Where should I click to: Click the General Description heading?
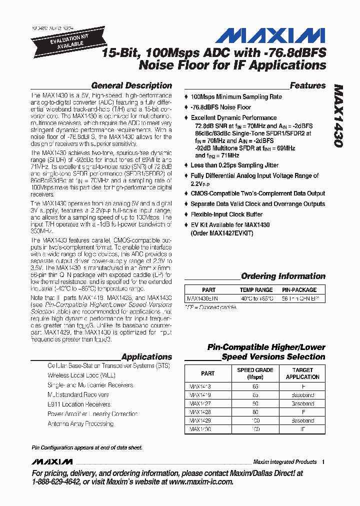tap(131, 85)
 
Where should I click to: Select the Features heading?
tap(307, 85)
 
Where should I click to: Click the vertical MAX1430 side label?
tap(338, 115)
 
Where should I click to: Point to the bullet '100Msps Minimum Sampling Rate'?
tap(236, 97)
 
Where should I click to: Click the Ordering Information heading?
tap(283, 276)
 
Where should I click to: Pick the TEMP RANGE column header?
tap(256, 290)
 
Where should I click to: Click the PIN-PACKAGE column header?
tap(299, 290)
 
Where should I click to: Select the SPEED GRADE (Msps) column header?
tap(255, 373)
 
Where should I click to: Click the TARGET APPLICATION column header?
tap(302, 373)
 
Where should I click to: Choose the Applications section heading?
tap(146, 357)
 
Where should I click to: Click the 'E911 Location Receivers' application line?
tap(79, 404)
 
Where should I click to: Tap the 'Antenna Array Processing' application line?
tap(80, 423)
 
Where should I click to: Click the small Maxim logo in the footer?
tap(51, 461)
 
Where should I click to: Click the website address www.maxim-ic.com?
tap(200, 481)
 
